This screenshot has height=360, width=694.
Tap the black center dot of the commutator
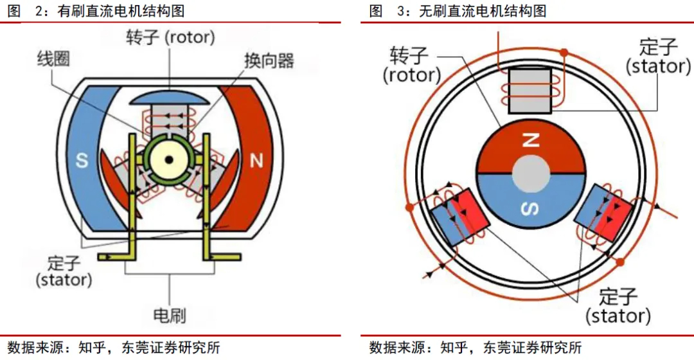tap(169, 160)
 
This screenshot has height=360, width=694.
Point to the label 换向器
tap(269, 61)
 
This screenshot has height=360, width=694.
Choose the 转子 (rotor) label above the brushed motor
tap(170, 37)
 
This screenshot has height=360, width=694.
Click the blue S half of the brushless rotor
tap(531, 199)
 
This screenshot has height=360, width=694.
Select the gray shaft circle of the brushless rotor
tap(531, 174)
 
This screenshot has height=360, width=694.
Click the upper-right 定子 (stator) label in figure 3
tap(657, 57)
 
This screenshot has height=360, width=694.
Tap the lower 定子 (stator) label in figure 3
tap(618, 306)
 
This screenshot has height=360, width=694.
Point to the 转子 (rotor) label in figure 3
tap(411, 65)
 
